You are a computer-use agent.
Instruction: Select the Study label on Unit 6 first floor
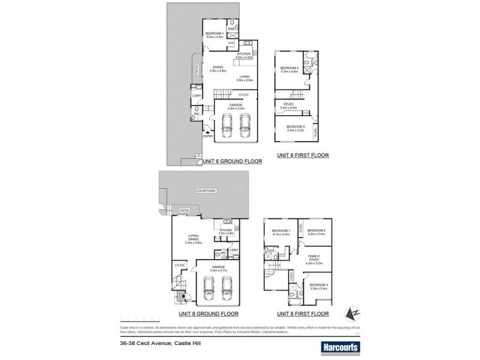click(289, 105)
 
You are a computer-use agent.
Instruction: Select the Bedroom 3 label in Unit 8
click(319, 287)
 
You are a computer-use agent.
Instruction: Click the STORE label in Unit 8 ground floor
click(179, 265)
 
